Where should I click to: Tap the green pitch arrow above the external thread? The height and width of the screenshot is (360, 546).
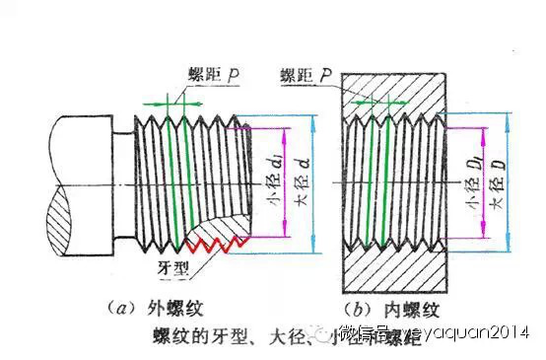tap(171, 101)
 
